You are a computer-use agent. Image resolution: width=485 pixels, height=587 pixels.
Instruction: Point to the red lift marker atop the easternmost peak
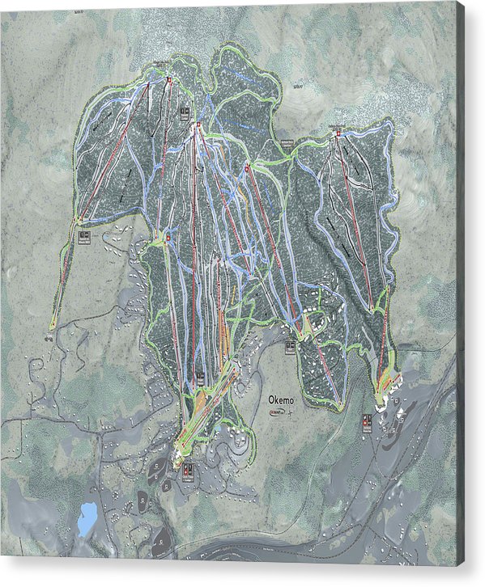coord(337,134)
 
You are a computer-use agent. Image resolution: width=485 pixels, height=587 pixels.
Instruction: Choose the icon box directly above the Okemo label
coord(289,348)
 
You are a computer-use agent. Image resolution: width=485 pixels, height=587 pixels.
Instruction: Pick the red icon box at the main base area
coord(188,469)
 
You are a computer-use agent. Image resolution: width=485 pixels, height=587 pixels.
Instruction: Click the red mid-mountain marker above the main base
coord(168,239)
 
